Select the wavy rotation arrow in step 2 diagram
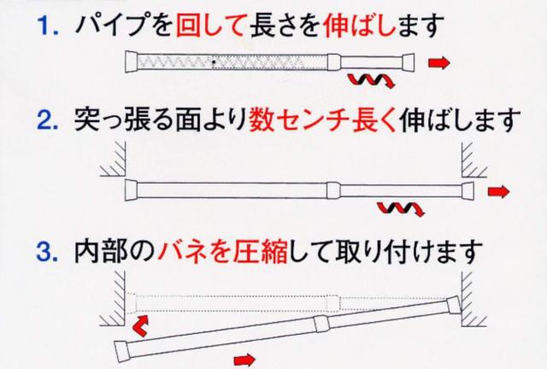pyautogui.click(x=398, y=208)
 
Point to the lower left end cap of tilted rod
pyautogui.click(x=121, y=349)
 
